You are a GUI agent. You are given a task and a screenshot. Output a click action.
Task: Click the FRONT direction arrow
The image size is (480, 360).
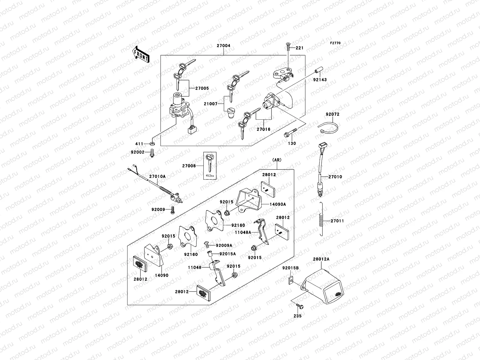coord(141,54)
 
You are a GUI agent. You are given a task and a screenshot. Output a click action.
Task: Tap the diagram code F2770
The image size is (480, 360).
coord(335,43)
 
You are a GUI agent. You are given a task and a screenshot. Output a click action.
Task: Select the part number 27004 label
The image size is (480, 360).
coord(223,46)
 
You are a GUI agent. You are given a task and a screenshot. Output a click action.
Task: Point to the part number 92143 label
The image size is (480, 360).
coord(320,80)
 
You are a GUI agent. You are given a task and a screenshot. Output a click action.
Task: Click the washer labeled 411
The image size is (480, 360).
coord(152,144)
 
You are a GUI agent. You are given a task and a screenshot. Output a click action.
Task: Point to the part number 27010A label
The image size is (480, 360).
coord(157,176)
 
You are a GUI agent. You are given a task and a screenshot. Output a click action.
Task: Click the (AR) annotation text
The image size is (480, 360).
coord(277,160)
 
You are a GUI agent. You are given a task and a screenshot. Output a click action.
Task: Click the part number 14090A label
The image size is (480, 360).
coord(279,204)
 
